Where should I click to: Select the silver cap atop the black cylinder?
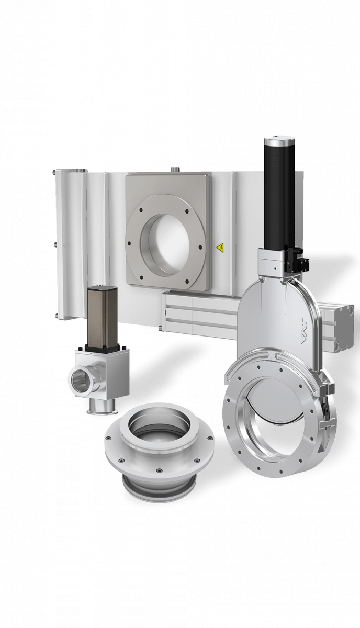[x=275, y=143]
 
